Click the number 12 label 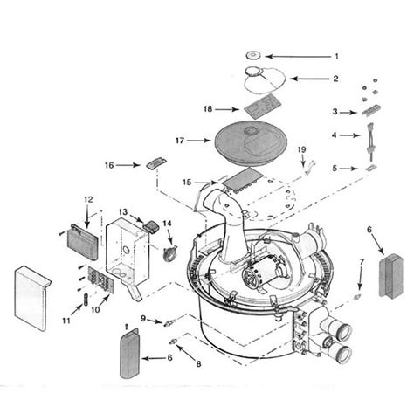(86, 201)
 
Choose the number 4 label (334, 135)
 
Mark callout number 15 (185, 181)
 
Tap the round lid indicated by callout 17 (229, 137)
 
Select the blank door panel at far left (31, 296)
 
